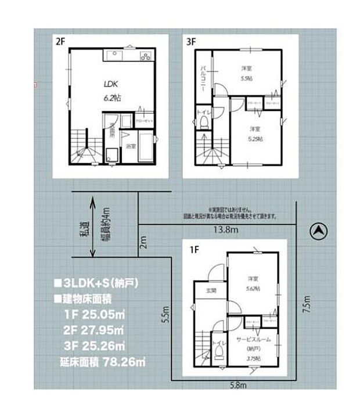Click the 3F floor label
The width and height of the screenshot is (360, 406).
click(x=191, y=41)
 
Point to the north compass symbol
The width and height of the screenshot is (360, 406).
click(x=318, y=232)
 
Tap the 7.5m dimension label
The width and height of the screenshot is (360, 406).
click(x=307, y=305)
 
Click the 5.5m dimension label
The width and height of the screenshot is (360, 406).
click(x=165, y=314)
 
